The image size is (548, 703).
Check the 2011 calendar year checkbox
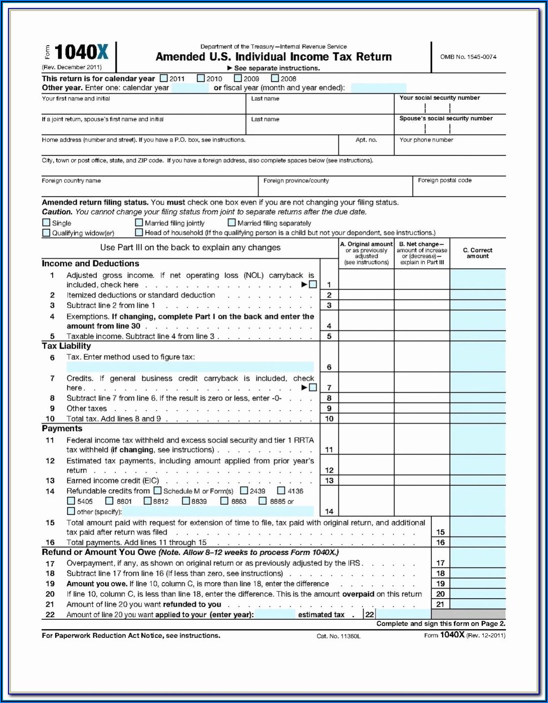pos(164,78)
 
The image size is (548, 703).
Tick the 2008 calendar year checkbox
pos(275,78)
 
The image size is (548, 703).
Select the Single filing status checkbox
pos(47,223)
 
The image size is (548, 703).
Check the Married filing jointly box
pos(139,223)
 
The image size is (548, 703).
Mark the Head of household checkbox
pos(139,232)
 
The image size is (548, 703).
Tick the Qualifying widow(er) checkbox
pos(47,233)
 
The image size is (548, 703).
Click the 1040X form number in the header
pos(81,52)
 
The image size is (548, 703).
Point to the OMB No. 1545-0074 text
pos(468,57)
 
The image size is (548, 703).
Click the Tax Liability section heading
pos(66,346)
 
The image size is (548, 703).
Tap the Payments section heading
pos(62,429)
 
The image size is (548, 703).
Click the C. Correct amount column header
pos(477,253)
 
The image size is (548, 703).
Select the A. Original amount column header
pos(367,253)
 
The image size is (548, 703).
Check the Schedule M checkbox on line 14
pos(157,490)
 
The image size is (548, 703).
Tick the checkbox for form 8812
pos(147,501)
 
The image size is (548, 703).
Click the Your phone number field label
pos(426,140)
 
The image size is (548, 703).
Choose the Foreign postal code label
pos(445,180)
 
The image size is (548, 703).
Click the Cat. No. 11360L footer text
pos(338,636)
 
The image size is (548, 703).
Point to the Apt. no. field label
pos(366,140)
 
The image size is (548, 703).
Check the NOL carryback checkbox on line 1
pos(313,285)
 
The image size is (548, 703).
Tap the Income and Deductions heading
pos(90,263)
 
